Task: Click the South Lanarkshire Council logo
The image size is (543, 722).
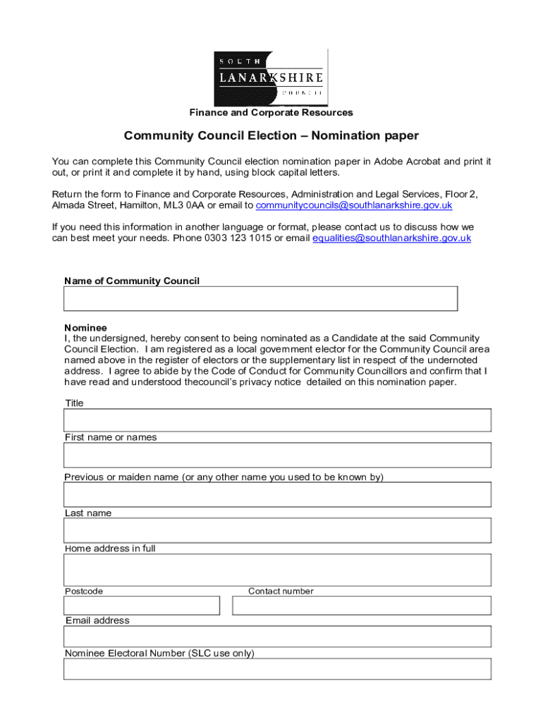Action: [x=271, y=77]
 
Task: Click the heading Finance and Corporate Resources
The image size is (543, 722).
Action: [x=271, y=113]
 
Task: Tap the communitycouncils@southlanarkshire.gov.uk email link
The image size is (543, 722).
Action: [x=353, y=205]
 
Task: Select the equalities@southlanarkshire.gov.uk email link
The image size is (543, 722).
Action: [x=391, y=238]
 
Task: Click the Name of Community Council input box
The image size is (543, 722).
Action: [x=260, y=298]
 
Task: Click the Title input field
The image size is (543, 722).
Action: [x=277, y=420]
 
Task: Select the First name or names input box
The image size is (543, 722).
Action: [x=277, y=455]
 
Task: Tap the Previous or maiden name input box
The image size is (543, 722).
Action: [x=277, y=494]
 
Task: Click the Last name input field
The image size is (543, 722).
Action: [x=277, y=530]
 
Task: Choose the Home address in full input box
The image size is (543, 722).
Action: [x=277, y=570]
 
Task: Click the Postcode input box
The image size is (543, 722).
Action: [x=142, y=606]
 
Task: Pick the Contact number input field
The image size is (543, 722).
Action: [x=361, y=606]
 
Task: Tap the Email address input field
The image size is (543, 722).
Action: [x=277, y=637]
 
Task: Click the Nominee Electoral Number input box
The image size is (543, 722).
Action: [x=277, y=669]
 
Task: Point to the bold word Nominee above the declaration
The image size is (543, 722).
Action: [x=86, y=328]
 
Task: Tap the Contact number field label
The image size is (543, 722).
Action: [x=281, y=591]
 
